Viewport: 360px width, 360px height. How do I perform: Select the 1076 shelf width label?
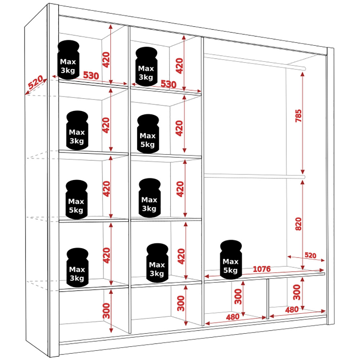point(262,269)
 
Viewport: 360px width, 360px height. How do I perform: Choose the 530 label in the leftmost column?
point(91,76)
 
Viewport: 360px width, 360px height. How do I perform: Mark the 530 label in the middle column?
point(168,85)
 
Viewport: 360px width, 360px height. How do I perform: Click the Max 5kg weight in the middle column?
point(148,134)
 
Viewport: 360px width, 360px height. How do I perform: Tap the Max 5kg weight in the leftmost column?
point(76,200)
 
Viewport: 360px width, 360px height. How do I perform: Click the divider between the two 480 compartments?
point(267,298)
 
